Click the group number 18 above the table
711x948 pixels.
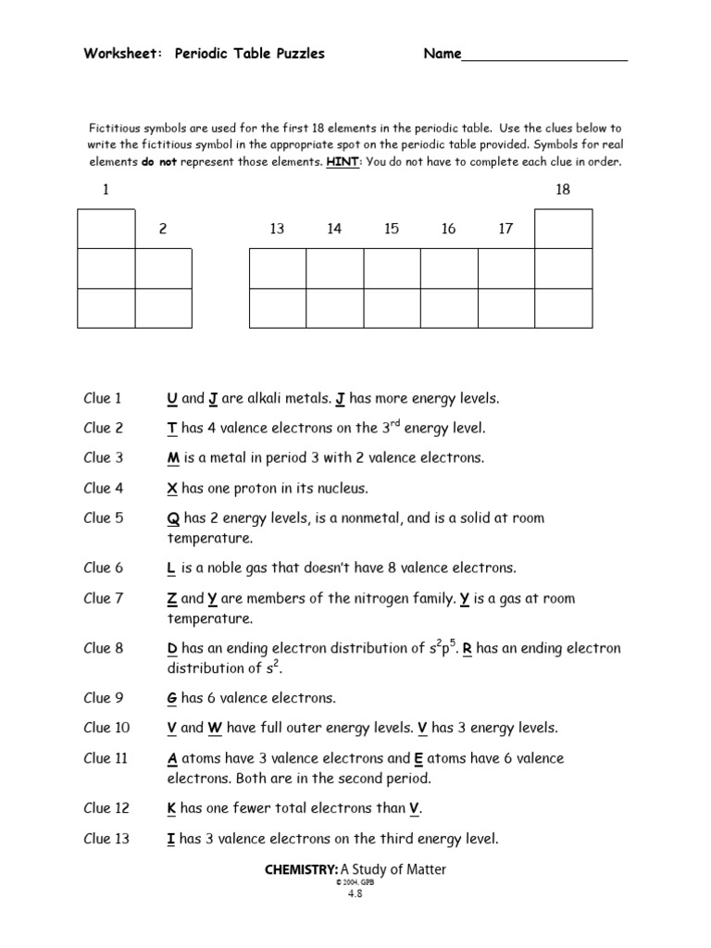(x=563, y=190)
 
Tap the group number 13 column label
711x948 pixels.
(x=277, y=230)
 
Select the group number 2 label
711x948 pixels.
(x=163, y=230)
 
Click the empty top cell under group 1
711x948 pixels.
(x=106, y=229)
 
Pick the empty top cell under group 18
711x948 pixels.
(x=564, y=229)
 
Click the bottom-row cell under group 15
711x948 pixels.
(x=392, y=308)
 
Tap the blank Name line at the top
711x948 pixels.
(x=544, y=55)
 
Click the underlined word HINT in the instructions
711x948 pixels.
(x=342, y=162)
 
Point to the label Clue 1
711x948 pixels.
(x=103, y=399)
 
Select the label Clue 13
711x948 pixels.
(x=106, y=840)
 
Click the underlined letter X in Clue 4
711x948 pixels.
(x=171, y=488)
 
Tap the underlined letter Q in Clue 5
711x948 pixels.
(x=172, y=518)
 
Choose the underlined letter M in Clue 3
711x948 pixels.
(x=172, y=458)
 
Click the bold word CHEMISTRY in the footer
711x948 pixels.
(x=301, y=870)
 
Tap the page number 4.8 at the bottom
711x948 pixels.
(x=355, y=894)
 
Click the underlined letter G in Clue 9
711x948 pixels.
(x=172, y=698)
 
